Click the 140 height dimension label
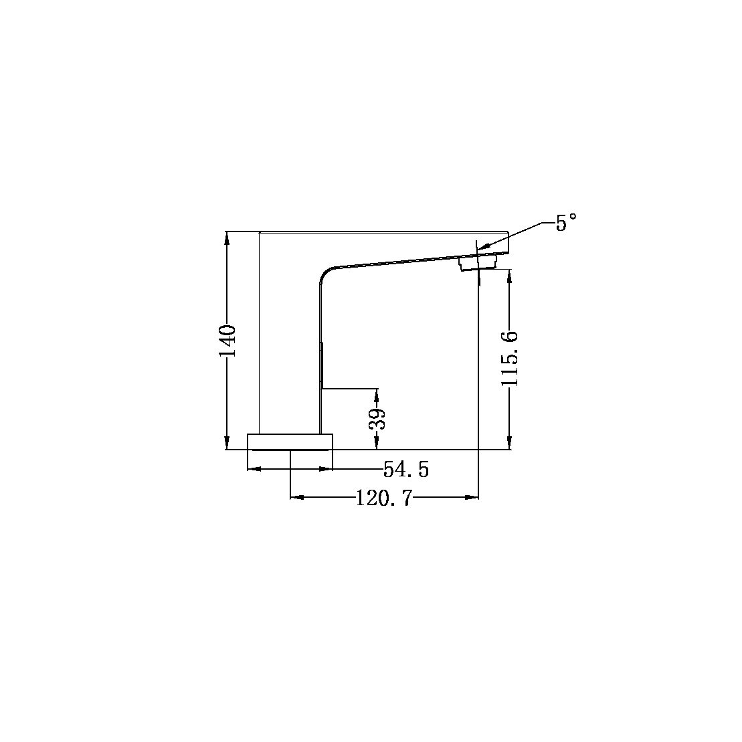click(x=227, y=341)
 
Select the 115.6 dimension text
click(x=511, y=358)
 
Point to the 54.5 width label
click(x=405, y=470)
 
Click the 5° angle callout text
click(x=566, y=223)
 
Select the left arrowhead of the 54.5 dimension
click(x=253, y=469)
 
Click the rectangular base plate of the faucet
click(x=290, y=442)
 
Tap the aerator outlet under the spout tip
click(x=478, y=262)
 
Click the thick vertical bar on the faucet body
click(x=322, y=365)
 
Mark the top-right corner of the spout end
click(x=508, y=233)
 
